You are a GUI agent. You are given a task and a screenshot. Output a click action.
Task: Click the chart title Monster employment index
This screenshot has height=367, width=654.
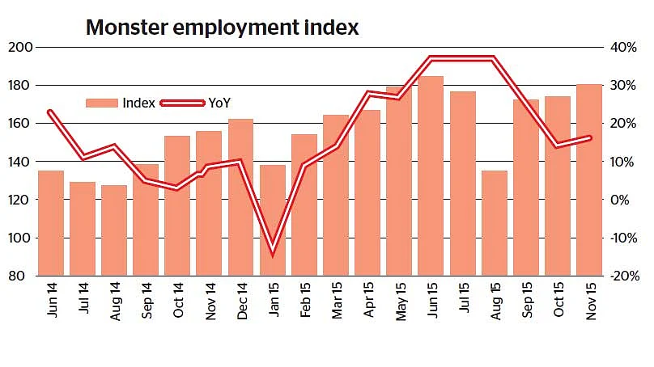pos(222,27)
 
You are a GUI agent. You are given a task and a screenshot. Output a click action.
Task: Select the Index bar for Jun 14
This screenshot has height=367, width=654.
pos(51,223)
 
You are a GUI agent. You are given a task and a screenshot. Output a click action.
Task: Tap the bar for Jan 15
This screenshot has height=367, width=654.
pos(273,220)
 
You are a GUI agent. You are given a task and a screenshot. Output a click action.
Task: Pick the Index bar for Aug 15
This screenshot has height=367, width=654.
pos(495,223)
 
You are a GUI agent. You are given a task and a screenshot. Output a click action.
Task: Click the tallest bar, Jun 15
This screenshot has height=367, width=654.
pos(431,175)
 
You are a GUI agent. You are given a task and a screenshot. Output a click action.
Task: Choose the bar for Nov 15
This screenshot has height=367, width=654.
pos(589,179)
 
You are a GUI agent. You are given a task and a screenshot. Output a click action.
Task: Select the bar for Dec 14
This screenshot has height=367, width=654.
pos(241,197)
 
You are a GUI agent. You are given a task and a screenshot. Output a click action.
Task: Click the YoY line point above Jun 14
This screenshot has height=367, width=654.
pos(51,112)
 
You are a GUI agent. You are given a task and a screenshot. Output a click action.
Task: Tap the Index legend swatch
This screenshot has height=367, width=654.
pos(102,103)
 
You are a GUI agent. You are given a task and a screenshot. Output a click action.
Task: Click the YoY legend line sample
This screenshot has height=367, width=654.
pos(183,103)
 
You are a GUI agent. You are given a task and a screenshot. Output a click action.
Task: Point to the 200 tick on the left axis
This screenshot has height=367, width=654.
pos(20,47)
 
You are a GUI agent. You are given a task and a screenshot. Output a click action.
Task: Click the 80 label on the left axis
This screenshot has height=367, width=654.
pos(16,276)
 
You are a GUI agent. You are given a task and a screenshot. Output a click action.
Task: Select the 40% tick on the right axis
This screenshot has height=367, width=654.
pos(623,47)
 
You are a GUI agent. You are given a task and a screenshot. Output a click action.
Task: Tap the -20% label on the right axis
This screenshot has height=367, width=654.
pos(624,276)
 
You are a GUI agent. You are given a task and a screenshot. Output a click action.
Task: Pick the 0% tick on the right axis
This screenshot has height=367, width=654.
pos(620,200)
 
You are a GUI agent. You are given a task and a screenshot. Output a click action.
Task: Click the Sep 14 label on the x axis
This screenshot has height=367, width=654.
pos(147,301)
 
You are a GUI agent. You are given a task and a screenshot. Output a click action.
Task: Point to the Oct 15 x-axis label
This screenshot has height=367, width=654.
pos(558,300)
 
